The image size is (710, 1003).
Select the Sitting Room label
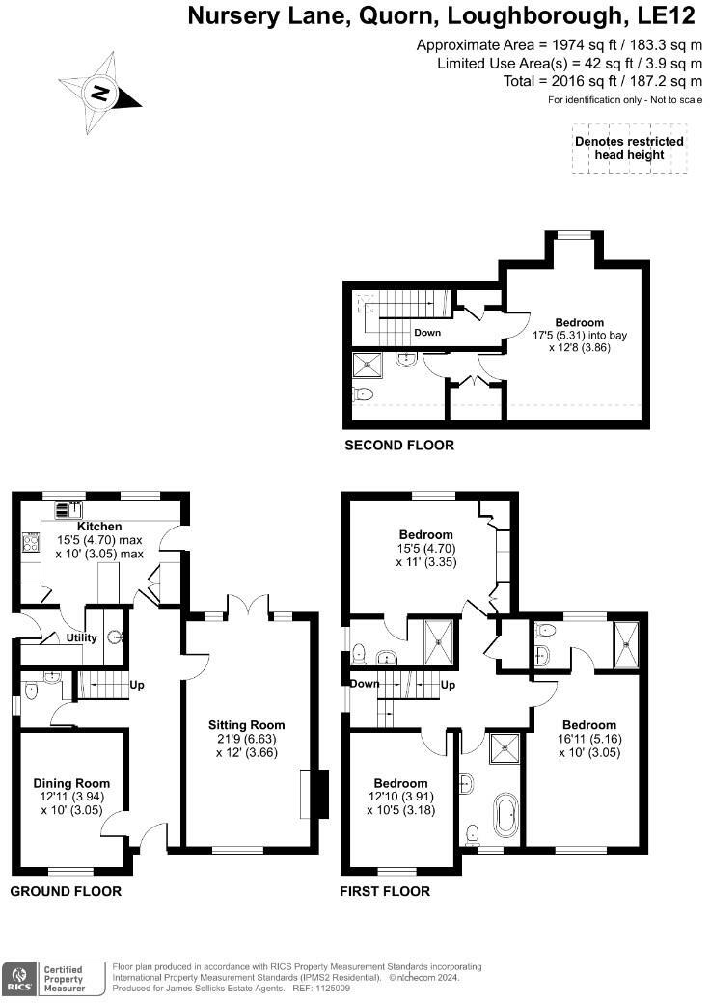247,725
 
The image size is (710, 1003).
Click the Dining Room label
71,783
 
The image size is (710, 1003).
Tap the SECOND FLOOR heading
398,446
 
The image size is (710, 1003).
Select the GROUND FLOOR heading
66,891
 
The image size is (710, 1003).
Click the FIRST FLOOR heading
385,891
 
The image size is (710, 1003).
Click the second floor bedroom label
579,322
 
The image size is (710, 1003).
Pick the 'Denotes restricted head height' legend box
629,148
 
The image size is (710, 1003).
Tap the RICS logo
17,978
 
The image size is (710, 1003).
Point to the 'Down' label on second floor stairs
427,333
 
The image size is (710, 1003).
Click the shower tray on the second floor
369,364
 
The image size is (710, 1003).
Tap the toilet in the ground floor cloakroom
32,691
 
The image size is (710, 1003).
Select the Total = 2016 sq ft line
603,81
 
